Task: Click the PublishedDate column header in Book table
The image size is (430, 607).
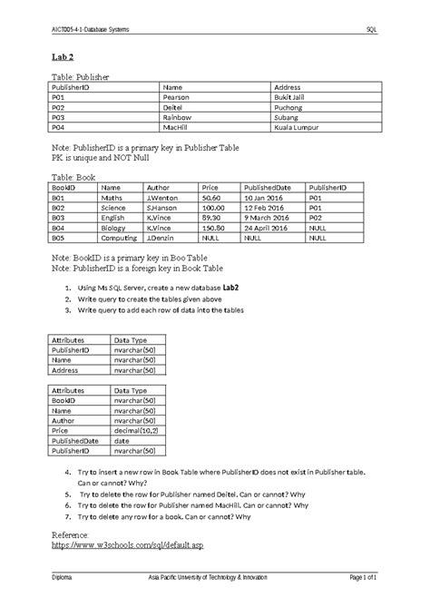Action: (x=269, y=188)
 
